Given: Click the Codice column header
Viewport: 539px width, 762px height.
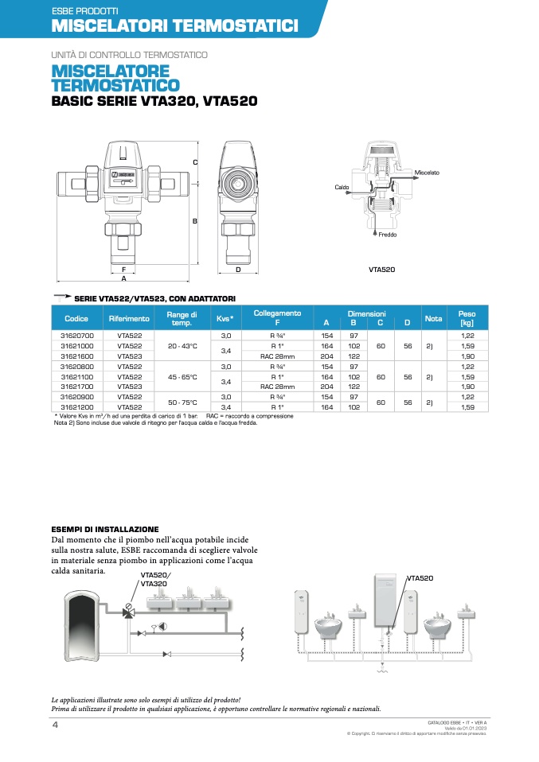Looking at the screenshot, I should (76, 319).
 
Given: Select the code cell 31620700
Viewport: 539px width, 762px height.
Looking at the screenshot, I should (76, 336).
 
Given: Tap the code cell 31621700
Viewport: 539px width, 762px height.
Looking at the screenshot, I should (76, 386).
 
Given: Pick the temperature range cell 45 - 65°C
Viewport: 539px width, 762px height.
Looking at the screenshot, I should (182, 376).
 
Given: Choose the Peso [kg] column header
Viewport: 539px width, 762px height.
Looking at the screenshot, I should (467, 319).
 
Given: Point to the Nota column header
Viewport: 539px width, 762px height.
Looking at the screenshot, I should (433, 319).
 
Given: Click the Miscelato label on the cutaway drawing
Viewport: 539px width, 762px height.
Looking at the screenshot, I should (427, 173).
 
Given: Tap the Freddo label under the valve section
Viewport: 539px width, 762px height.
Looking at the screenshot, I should (387, 235).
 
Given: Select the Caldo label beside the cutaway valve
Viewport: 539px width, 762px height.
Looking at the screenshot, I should (342, 187).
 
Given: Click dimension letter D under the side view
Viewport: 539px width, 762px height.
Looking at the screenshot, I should (238, 270).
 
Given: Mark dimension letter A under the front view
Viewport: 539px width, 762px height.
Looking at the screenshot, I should (123, 279).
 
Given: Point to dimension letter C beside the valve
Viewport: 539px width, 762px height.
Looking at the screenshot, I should (195, 162).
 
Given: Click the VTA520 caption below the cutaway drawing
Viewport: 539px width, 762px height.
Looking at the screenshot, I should (381, 270).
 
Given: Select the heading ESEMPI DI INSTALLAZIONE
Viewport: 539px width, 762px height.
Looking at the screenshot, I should (105, 529).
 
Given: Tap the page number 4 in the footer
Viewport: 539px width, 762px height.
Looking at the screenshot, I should (55, 725).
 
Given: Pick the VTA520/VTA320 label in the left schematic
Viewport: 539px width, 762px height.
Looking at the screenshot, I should (156, 579).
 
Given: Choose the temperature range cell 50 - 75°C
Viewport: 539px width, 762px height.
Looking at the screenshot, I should (182, 402).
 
